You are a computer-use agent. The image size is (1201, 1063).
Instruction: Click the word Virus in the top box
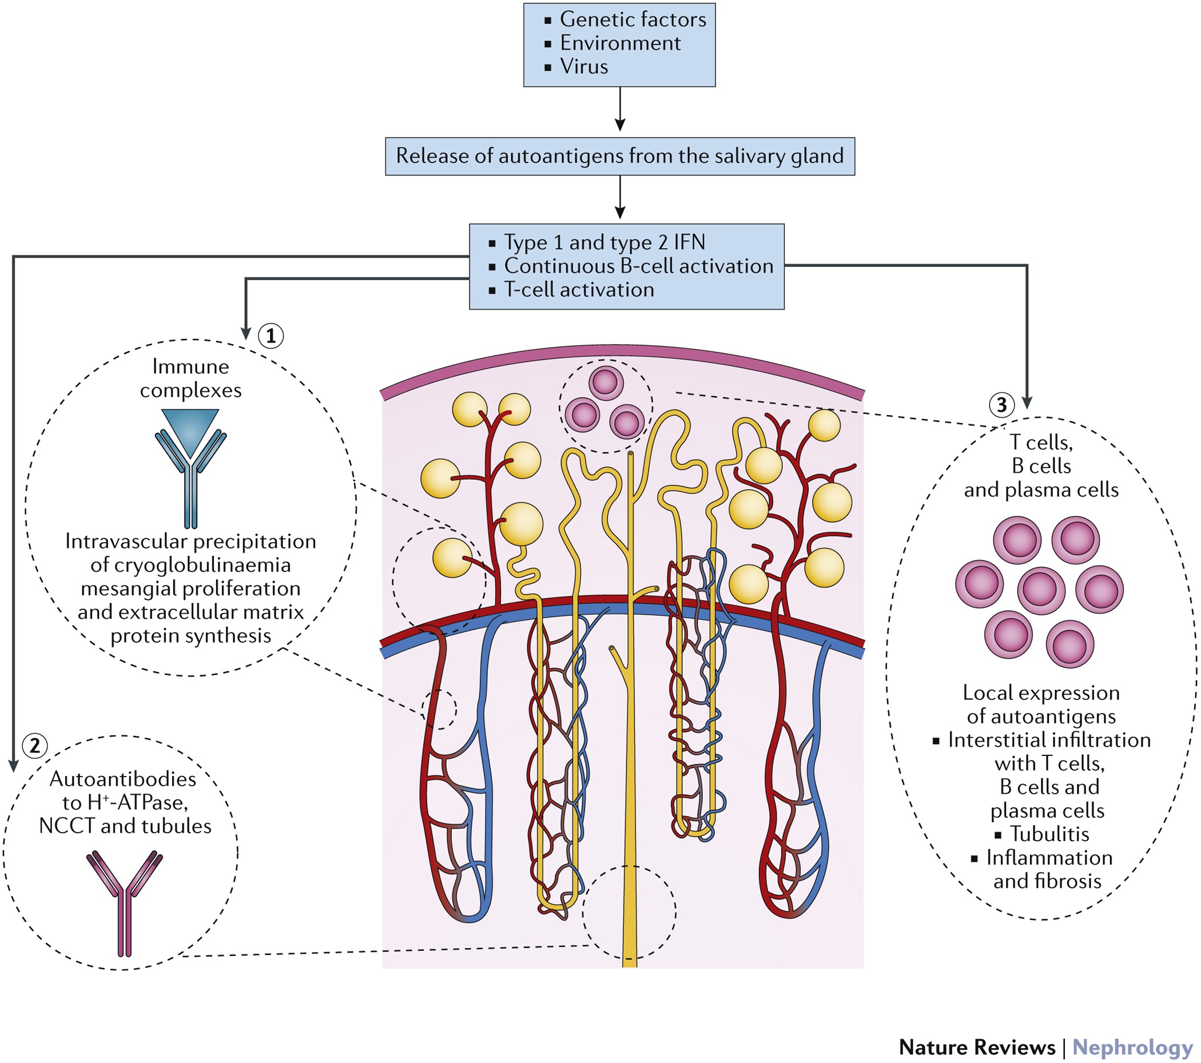(584, 66)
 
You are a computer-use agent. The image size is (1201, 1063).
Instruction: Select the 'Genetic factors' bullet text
(633, 19)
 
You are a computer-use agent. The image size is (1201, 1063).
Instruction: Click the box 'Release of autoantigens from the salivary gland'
(620, 156)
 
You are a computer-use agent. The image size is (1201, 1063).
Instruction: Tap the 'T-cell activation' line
(579, 290)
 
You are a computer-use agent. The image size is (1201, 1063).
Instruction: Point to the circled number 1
(271, 336)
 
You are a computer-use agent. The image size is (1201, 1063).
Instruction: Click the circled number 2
(35, 746)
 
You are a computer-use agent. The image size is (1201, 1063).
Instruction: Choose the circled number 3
(1002, 404)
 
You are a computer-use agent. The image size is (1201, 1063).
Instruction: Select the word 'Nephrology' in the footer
(1132, 1046)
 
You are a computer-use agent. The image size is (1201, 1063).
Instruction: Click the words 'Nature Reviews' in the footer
(977, 1046)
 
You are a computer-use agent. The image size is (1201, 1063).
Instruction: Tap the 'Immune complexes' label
(190, 378)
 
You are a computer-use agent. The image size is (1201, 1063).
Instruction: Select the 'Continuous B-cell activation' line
(639, 266)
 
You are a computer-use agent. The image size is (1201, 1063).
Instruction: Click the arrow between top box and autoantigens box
(620, 109)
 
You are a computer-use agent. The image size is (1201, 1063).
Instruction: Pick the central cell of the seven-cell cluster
(1041, 591)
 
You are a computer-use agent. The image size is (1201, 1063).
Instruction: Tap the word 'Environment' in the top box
(620, 43)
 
